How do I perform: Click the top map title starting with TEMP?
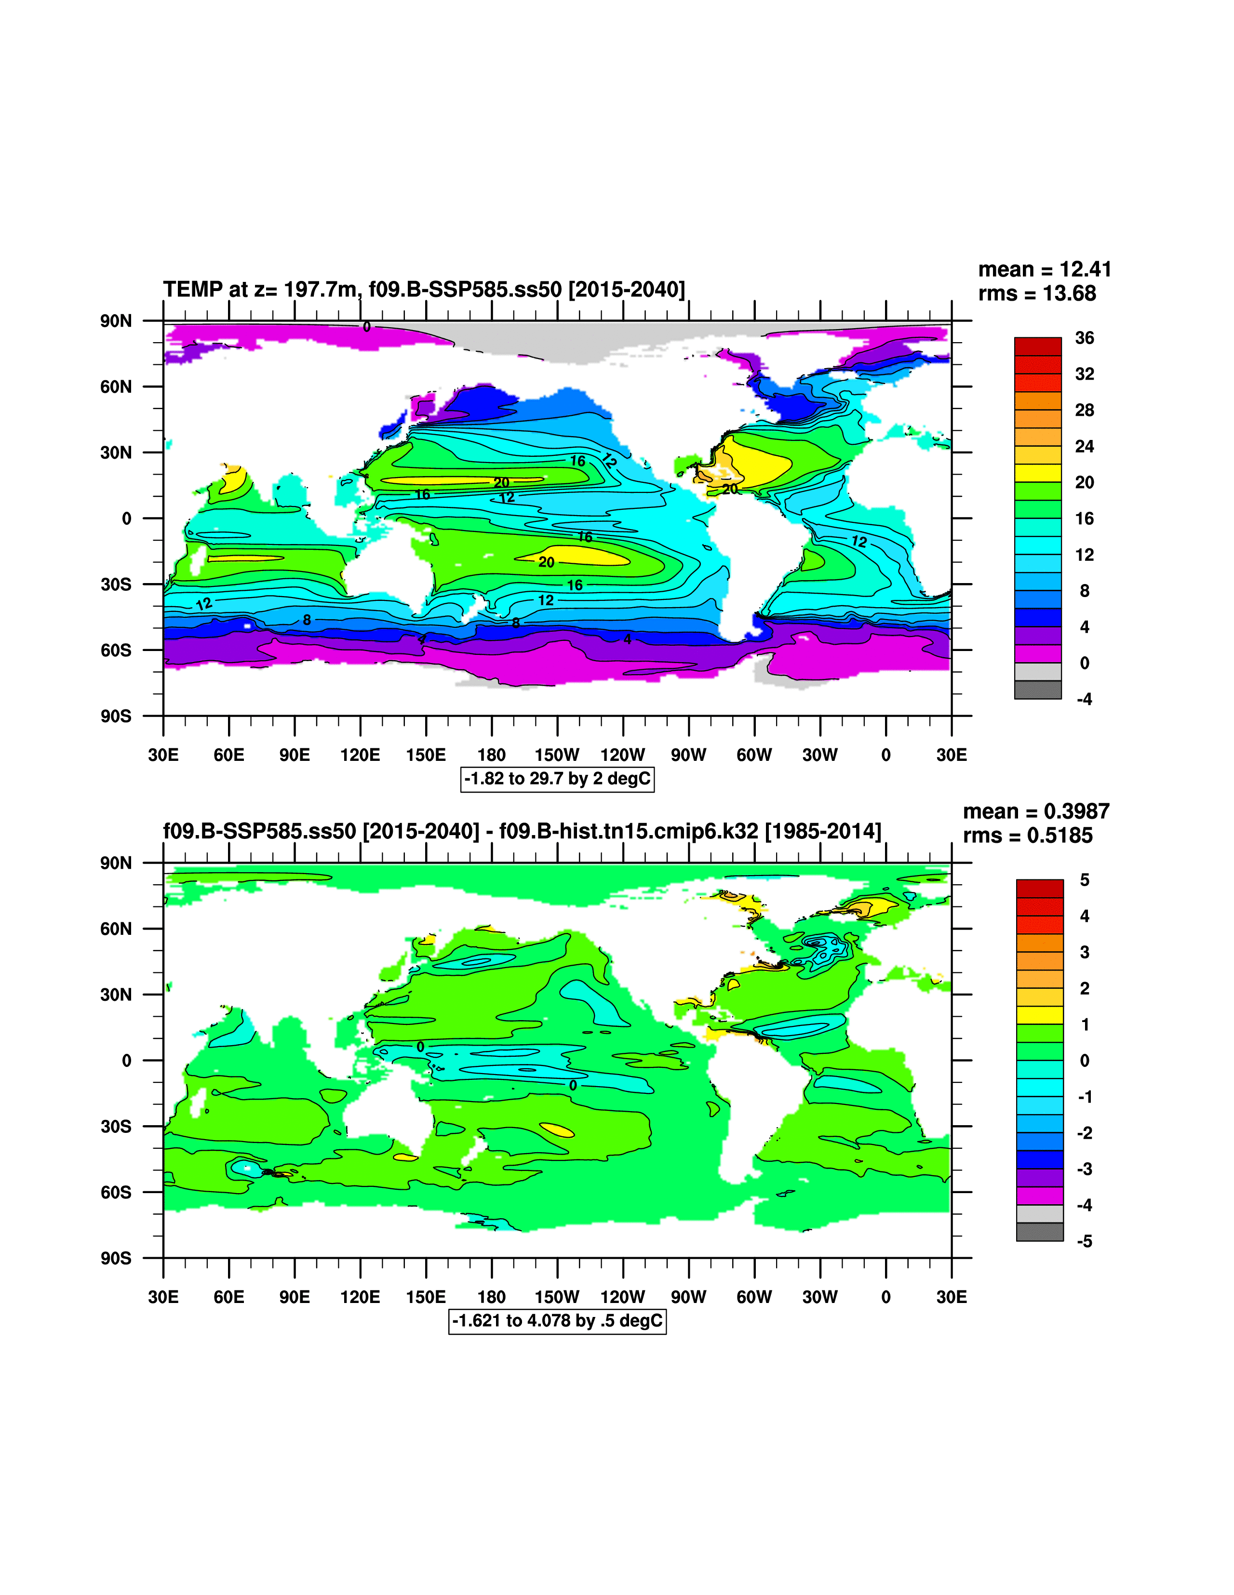424,290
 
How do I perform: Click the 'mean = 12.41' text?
1044,269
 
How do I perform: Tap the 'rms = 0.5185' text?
1027,836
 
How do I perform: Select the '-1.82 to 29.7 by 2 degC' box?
557,779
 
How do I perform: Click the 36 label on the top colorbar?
1084,338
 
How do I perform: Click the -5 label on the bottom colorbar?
1084,1241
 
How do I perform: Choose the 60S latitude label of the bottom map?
115,1193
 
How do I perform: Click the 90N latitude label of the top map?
115,321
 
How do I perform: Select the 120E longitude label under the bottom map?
360,1297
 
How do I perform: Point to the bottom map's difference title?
522,832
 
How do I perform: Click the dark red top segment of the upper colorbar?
1037,346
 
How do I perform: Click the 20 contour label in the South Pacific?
547,562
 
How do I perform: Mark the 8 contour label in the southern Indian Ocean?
307,620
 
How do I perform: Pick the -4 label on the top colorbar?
1084,700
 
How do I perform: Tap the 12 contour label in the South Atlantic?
859,542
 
